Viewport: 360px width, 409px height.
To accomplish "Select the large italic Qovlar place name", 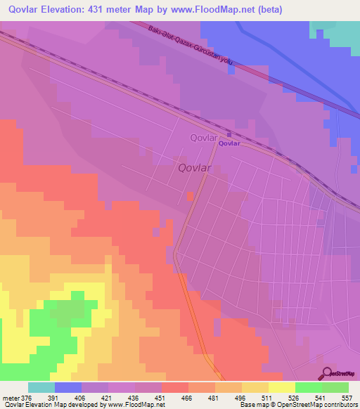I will (x=195, y=167).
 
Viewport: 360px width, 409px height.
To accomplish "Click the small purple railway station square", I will (x=229, y=136).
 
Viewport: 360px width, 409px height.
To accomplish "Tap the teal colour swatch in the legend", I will (x=41, y=387).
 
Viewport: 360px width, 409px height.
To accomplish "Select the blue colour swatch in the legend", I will (x=68, y=387).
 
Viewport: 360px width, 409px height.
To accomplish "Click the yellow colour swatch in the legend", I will (x=281, y=387).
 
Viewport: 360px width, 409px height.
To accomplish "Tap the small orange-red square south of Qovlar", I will (x=190, y=196).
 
